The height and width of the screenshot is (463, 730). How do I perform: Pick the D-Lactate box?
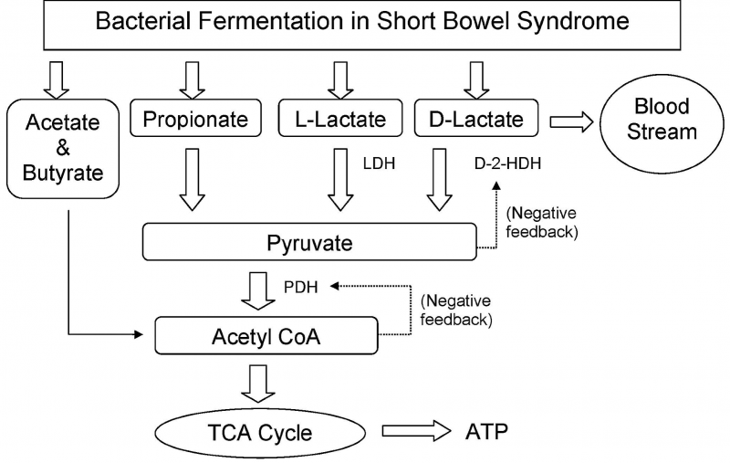point(475,119)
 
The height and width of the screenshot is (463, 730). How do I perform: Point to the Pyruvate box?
point(310,244)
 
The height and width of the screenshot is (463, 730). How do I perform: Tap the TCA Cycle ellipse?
point(261,432)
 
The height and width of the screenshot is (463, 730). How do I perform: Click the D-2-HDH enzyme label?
point(505,164)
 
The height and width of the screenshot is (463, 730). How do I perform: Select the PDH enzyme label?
point(298,286)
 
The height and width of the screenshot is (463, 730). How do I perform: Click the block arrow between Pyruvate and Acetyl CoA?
point(258,289)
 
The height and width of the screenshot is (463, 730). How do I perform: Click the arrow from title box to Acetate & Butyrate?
point(57,77)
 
